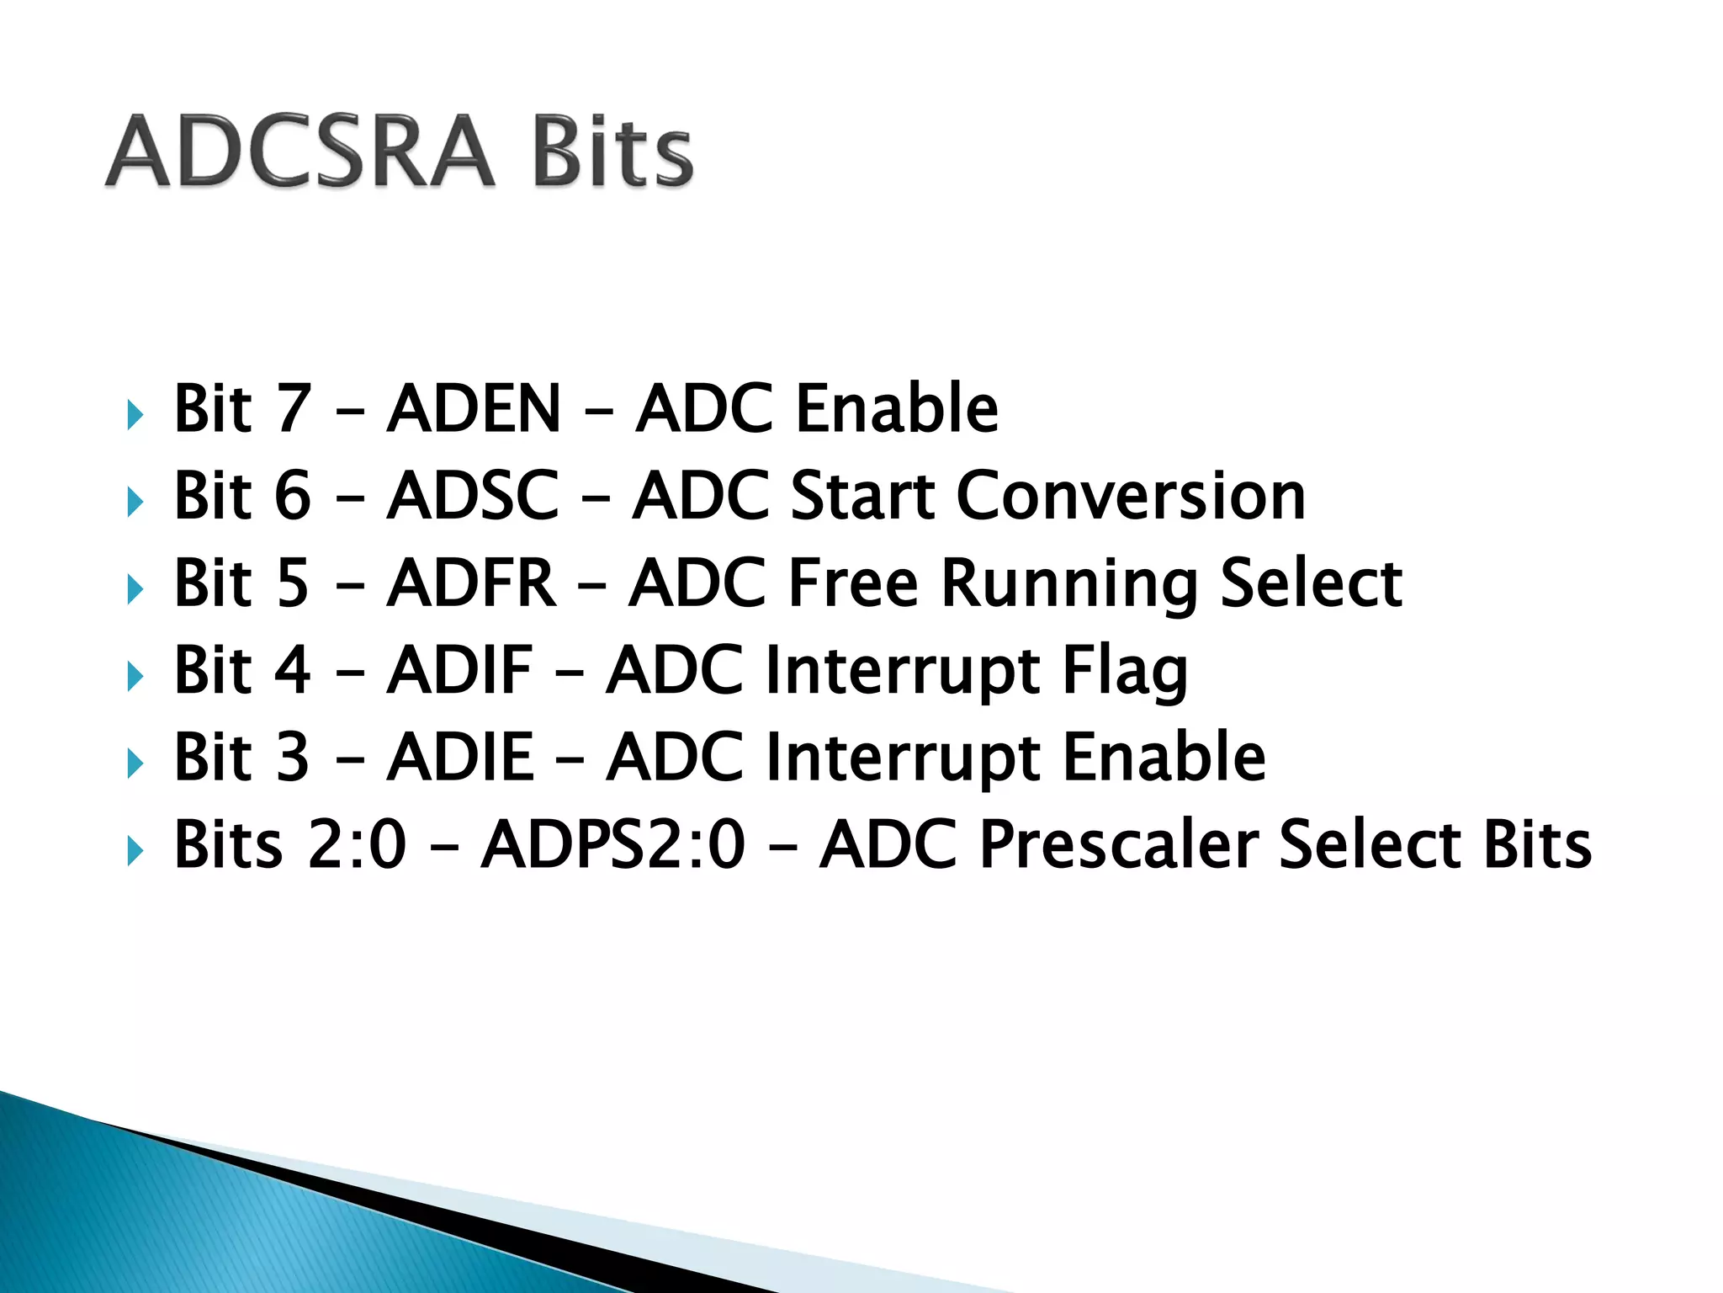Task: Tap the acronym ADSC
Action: [473, 496]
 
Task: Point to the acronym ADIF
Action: [460, 670]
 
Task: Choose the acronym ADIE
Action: [460, 757]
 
